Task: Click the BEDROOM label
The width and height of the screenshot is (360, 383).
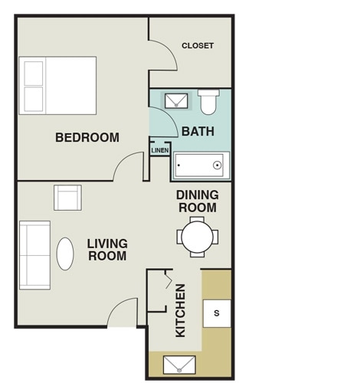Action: [87, 138]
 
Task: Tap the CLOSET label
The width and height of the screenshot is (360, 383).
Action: [198, 46]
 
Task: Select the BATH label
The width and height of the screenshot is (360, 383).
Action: [198, 132]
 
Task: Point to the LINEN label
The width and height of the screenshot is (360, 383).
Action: [159, 151]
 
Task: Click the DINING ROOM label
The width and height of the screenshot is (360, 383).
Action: [198, 201]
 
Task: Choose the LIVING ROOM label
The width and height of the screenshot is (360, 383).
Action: [107, 250]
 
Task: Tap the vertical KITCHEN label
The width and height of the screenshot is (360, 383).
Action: [181, 310]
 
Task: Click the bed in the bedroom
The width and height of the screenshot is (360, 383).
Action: [58, 84]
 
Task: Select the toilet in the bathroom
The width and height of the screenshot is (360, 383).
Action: [208, 102]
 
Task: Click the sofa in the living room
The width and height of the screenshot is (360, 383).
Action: [34, 255]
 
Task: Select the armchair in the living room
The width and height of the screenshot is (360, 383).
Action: [67, 198]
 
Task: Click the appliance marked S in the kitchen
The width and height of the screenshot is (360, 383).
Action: [216, 313]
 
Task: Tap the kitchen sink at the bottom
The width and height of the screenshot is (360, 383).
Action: [179, 365]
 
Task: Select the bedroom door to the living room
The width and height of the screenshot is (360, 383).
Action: [129, 167]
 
